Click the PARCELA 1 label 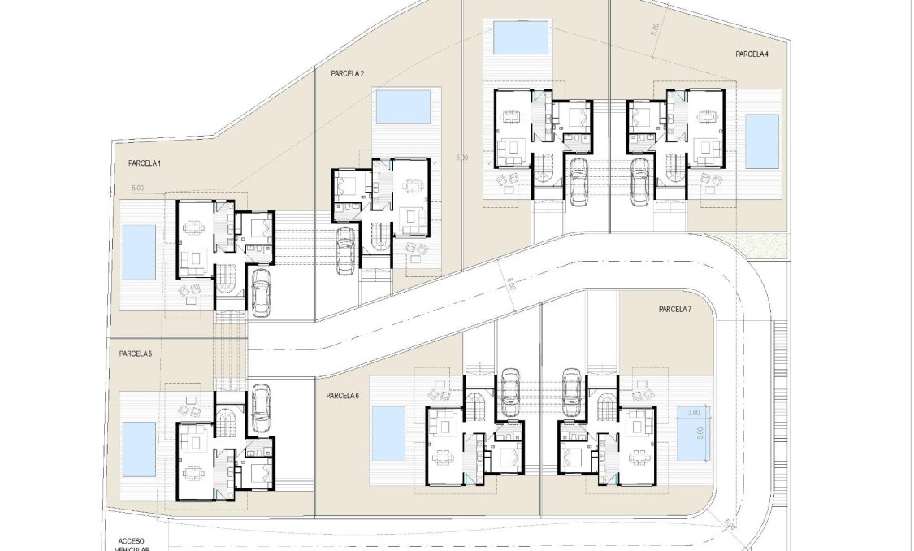pos(145,163)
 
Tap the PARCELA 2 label pos(347,73)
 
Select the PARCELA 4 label pos(752,54)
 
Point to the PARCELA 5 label pos(135,354)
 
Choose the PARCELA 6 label pos(342,396)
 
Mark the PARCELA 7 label pos(674,309)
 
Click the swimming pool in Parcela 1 pos(138,252)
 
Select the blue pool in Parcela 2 pos(404,106)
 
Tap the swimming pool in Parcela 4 pos(762,141)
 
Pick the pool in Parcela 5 pos(138,448)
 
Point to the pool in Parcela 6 pos(388,433)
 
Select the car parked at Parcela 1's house pos(261,292)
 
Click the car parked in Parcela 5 pos(261,408)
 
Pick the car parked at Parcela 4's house pos(640,180)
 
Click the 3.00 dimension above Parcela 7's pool pos(693,413)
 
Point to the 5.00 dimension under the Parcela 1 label pos(137,189)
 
